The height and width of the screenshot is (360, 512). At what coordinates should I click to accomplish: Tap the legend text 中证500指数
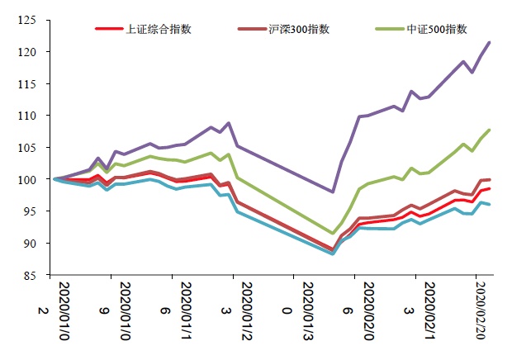pos(437,29)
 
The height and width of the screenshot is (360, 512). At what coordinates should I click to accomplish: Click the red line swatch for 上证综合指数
pos(108,29)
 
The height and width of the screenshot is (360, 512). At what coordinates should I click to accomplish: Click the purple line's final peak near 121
pos(490,42)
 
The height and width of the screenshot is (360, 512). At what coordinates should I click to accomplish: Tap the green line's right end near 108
pos(490,130)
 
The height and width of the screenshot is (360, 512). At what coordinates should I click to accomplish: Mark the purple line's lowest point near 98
pos(332,192)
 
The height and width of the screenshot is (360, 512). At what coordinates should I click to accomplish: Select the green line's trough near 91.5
pos(332,234)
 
